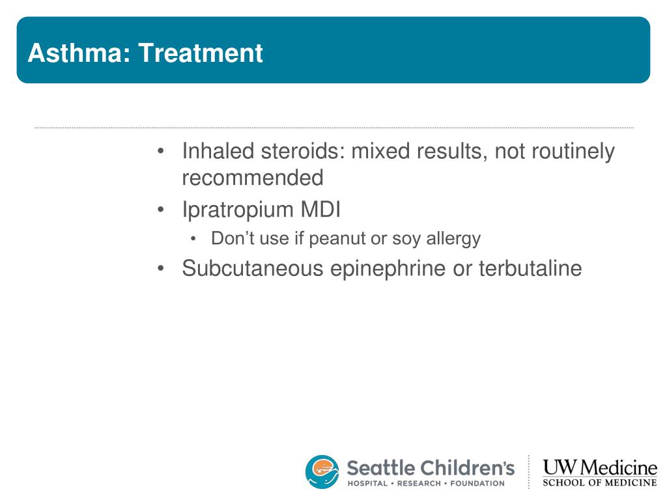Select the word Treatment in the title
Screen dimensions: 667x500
click(201, 53)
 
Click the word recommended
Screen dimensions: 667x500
click(253, 178)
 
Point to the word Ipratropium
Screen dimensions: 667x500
click(238, 210)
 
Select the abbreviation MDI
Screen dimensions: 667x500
click(320, 209)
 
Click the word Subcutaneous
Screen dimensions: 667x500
click(253, 268)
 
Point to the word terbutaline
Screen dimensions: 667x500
click(530, 268)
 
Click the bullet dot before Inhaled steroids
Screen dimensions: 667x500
click(160, 151)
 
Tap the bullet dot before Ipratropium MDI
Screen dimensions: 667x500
click(160, 210)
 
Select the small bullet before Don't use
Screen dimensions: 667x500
click(193, 239)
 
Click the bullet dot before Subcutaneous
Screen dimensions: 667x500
click(160, 269)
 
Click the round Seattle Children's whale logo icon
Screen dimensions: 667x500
click(322, 471)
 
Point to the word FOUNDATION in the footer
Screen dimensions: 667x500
click(477, 484)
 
